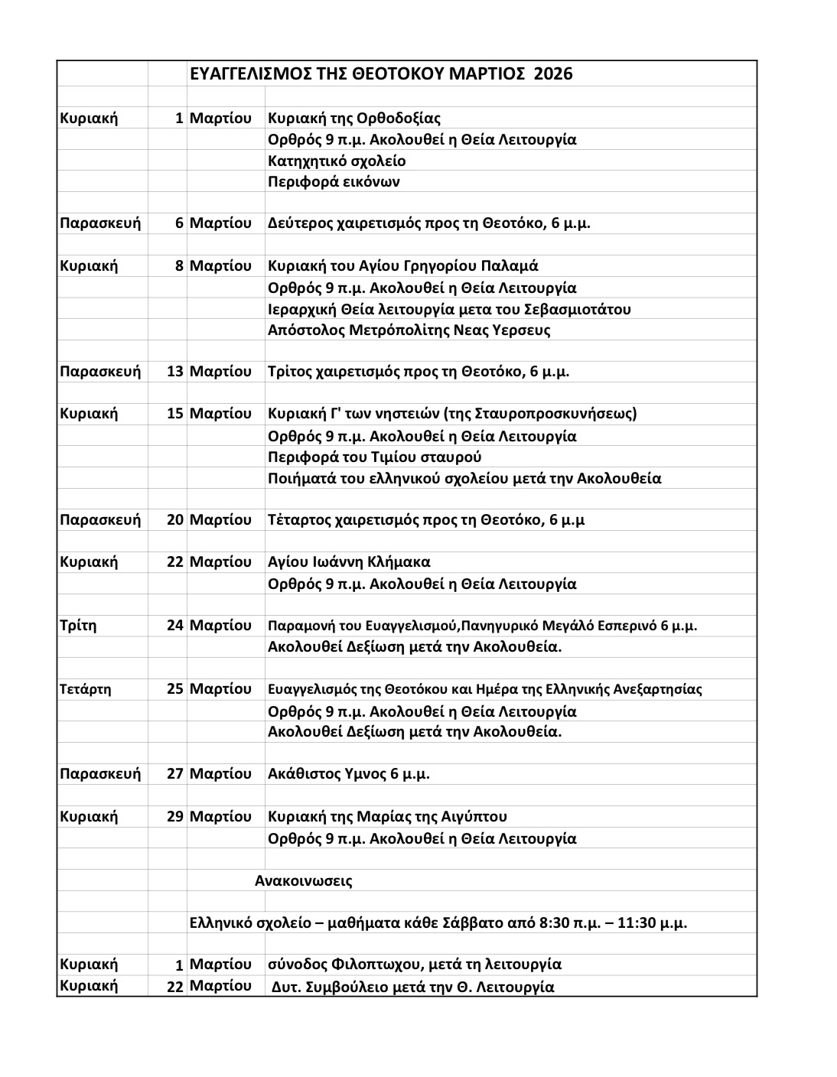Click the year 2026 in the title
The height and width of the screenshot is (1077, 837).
click(552, 74)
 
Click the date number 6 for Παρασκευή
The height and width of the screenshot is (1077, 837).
click(179, 223)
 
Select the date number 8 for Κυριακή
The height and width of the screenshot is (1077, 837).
click(179, 266)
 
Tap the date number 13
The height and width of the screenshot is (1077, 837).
click(175, 372)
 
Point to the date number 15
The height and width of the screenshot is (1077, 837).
click(175, 414)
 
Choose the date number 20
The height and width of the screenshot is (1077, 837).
click(175, 520)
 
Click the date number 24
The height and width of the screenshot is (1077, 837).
click(175, 626)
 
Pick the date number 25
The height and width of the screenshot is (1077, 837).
click(175, 689)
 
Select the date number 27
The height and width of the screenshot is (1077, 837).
click(175, 773)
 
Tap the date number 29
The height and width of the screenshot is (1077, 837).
click(175, 816)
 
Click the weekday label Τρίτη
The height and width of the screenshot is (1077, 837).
click(78, 626)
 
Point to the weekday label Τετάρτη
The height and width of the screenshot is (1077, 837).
click(85, 689)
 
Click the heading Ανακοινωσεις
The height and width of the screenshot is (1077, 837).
click(303, 880)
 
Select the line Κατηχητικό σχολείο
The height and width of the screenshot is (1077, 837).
click(337, 161)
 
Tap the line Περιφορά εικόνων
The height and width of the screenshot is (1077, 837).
click(334, 182)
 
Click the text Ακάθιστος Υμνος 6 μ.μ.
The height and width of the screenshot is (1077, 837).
click(348, 773)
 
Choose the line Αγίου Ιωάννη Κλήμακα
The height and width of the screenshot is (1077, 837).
click(349, 562)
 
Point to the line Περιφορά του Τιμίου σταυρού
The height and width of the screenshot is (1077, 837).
click(374, 457)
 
